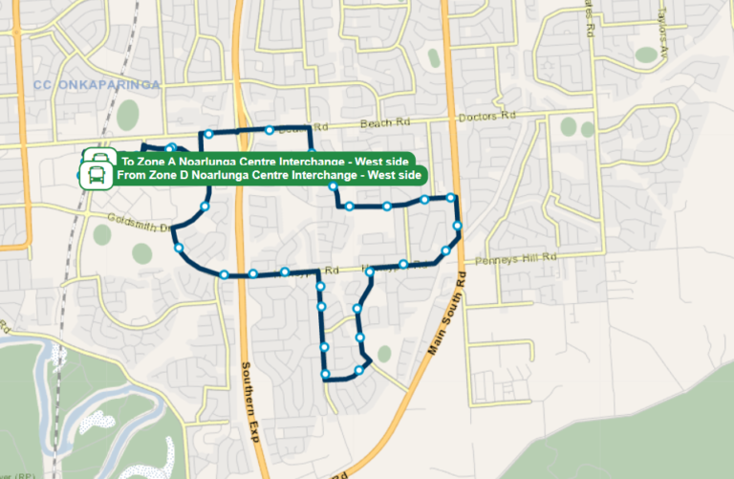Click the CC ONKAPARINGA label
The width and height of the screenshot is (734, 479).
click(97, 84)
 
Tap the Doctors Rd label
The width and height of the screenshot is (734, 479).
click(486, 117)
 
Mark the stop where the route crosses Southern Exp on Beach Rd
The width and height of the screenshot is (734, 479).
click(270, 130)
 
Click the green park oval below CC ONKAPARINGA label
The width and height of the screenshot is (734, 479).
click(127, 116)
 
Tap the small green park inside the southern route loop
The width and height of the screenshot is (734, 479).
click(384, 354)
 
